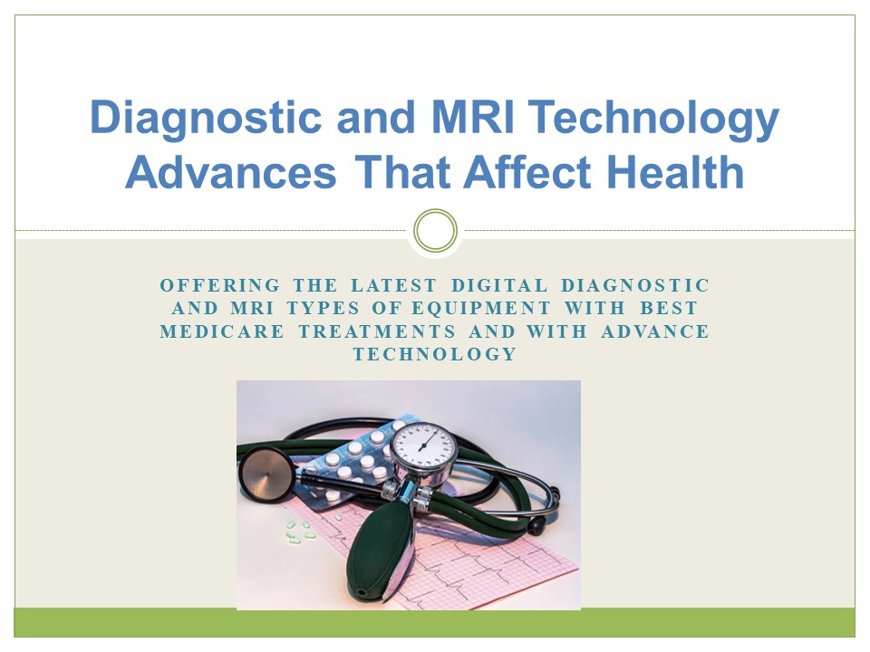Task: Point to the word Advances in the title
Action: point(232,172)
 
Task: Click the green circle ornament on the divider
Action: point(435,230)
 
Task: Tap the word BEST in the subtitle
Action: point(676,309)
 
